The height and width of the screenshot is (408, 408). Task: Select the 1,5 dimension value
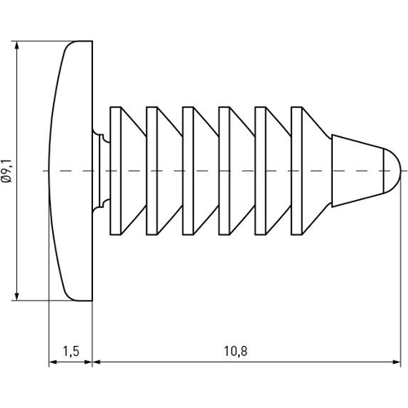pyautogui.click(x=70, y=351)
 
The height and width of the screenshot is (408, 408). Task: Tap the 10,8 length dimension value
pyautogui.click(x=234, y=351)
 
